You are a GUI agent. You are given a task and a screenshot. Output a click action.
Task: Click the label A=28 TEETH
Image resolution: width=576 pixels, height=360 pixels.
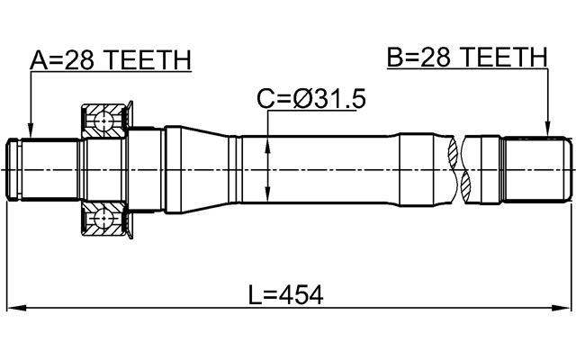coord(111,60)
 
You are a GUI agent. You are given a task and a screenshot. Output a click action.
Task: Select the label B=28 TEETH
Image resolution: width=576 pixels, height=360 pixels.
coord(466,58)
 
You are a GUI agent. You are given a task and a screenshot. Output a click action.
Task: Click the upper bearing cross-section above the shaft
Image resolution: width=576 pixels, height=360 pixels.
coord(105,121)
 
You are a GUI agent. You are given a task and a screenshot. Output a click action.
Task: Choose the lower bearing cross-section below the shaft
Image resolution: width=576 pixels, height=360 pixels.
coord(105,220)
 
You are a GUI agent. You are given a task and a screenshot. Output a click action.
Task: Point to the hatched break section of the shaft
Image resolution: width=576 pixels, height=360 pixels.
coord(465,169)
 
